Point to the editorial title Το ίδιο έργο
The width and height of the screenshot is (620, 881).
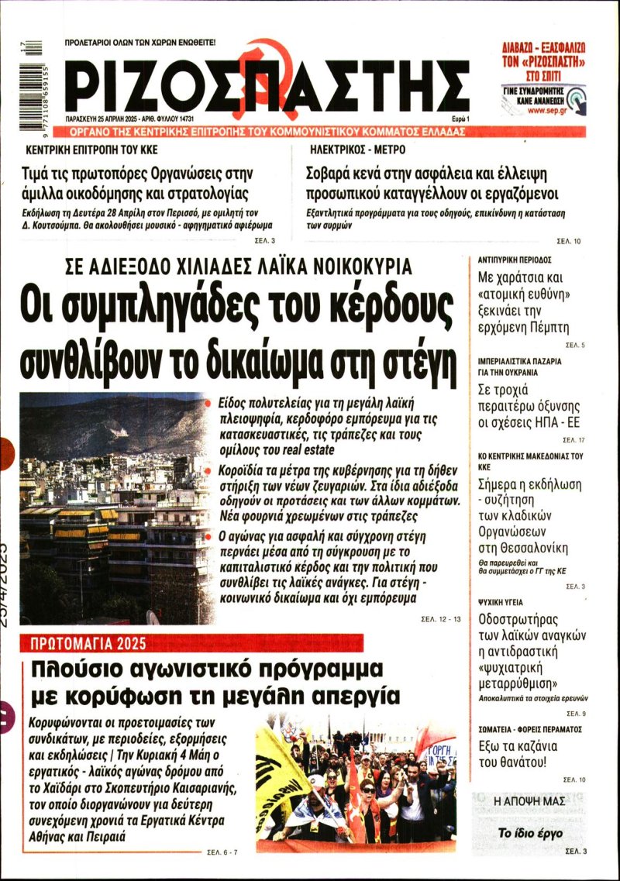531,834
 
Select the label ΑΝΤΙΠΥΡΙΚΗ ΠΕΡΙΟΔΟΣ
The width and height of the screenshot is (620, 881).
514,260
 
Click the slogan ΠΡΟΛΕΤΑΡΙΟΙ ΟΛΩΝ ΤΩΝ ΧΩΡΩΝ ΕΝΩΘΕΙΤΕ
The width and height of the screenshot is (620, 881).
140,42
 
